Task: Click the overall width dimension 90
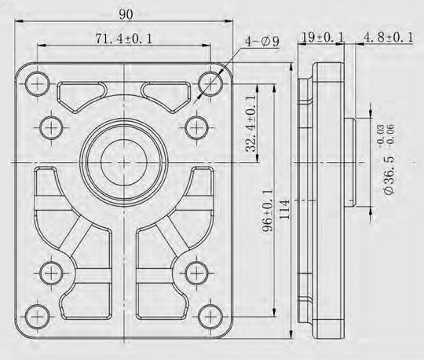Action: point(126,14)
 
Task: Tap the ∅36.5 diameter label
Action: point(388,169)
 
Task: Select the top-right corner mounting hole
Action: point(209,81)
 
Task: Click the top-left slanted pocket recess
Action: point(82,95)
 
